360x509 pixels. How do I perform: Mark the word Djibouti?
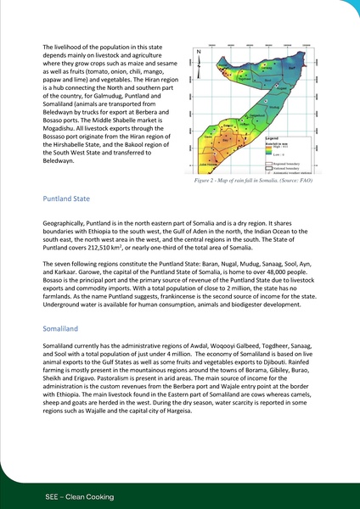point(314,371)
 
